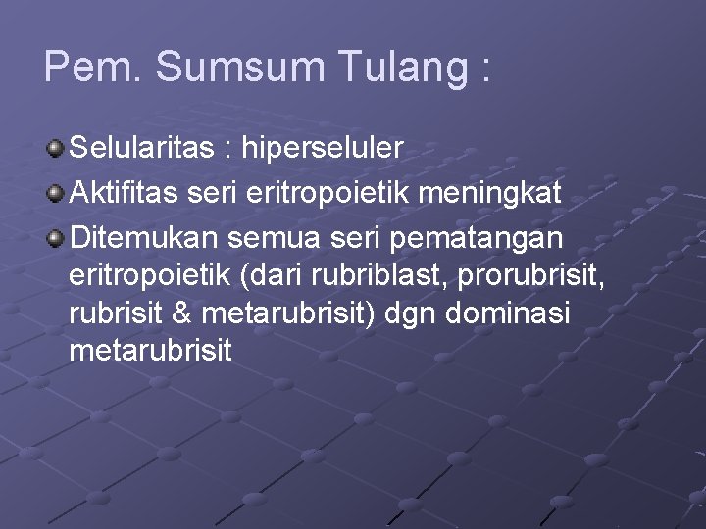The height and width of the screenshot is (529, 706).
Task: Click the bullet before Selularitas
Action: (56, 149)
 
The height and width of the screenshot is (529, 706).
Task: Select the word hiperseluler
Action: (323, 149)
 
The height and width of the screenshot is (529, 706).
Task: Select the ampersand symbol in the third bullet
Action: (209, 313)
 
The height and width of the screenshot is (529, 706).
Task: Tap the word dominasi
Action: (537, 313)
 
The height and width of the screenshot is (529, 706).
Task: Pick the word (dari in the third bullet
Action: (266, 276)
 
